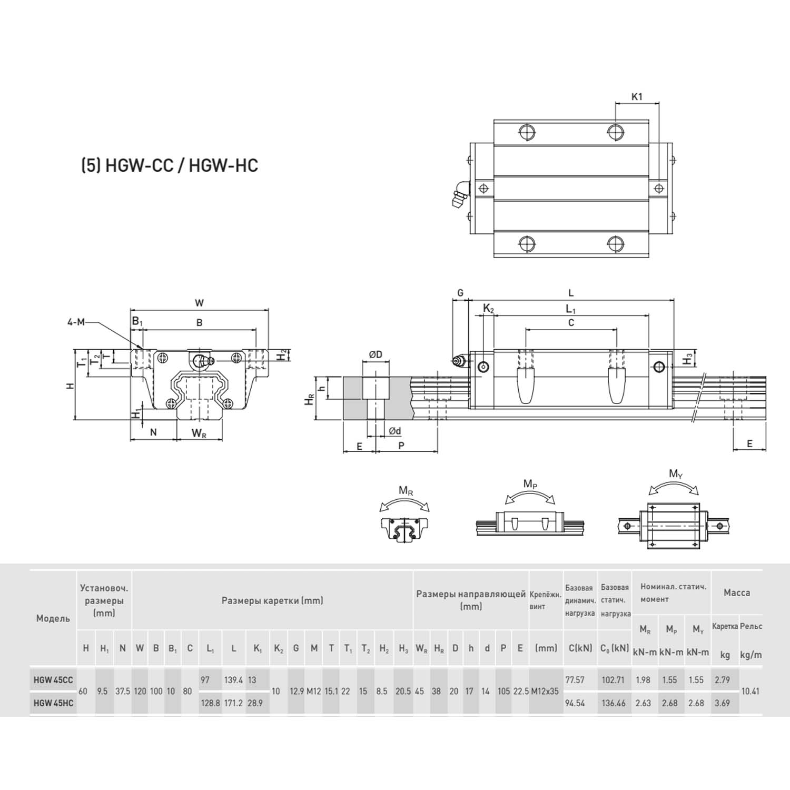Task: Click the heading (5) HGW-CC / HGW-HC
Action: click(x=169, y=165)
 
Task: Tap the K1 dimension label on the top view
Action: click(x=637, y=96)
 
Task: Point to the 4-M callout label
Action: click(x=75, y=322)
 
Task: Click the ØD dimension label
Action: click(x=376, y=354)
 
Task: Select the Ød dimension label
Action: click(x=394, y=431)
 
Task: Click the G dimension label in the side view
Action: click(x=460, y=293)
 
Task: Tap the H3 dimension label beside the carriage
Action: click(x=688, y=360)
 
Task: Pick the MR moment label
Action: click(x=406, y=491)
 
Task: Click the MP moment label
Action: click(x=530, y=484)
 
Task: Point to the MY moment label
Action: click(x=676, y=474)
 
